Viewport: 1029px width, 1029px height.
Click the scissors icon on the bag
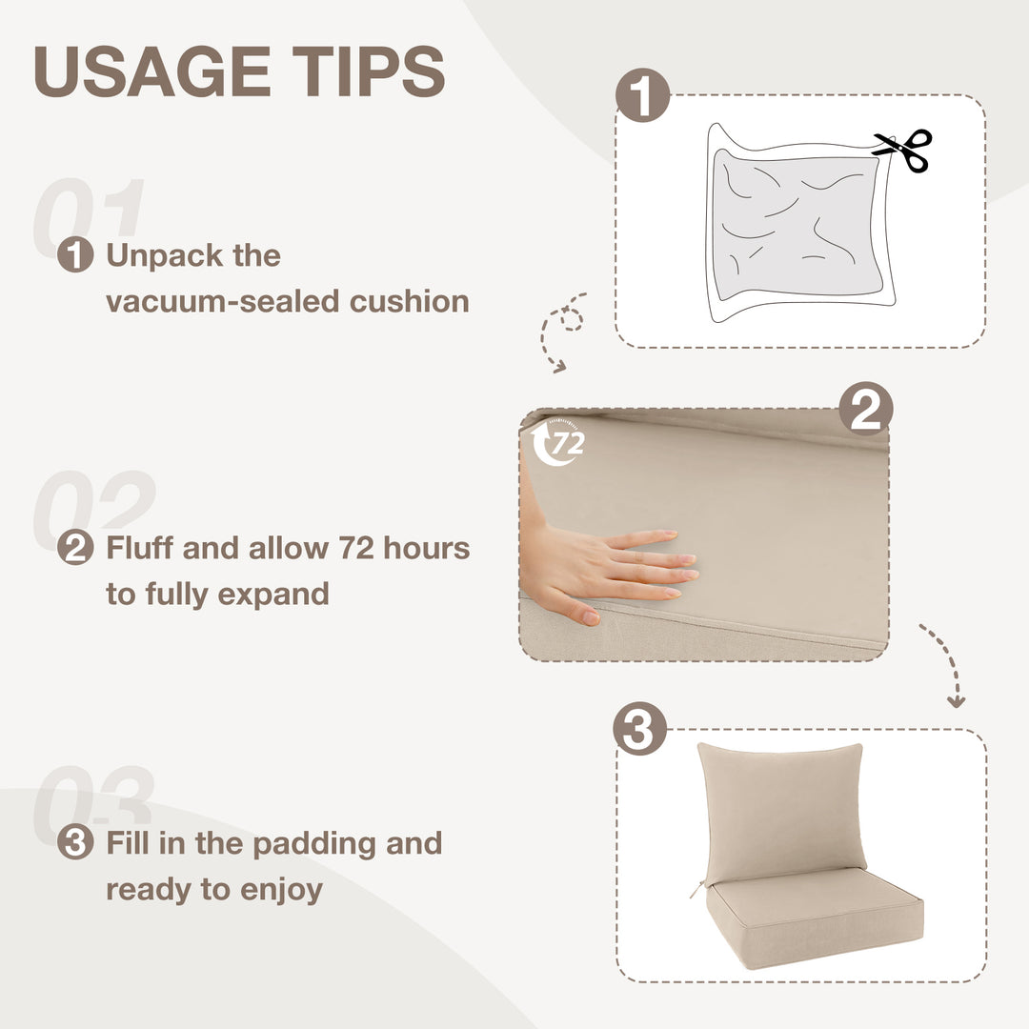[x=903, y=150]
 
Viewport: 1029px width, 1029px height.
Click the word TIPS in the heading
[x=369, y=71]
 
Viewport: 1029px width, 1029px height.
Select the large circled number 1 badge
[x=642, y=94]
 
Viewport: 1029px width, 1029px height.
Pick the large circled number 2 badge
[x=865, y=409]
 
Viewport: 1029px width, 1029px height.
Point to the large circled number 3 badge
[x=640, y=729]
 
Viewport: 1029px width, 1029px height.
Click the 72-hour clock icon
[x=557, y=442]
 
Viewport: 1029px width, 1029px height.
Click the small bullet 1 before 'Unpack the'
[x=75, y=254]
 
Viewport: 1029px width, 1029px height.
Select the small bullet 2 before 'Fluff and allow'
[x=75, y=547]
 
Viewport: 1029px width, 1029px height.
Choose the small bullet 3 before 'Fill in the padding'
[x=75, y=842]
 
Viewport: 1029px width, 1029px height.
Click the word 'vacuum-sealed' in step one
[x=223, y=302]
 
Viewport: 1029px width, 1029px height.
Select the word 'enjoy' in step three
[x=281, y=891]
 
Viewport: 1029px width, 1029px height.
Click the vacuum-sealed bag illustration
[x=800, y=223]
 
